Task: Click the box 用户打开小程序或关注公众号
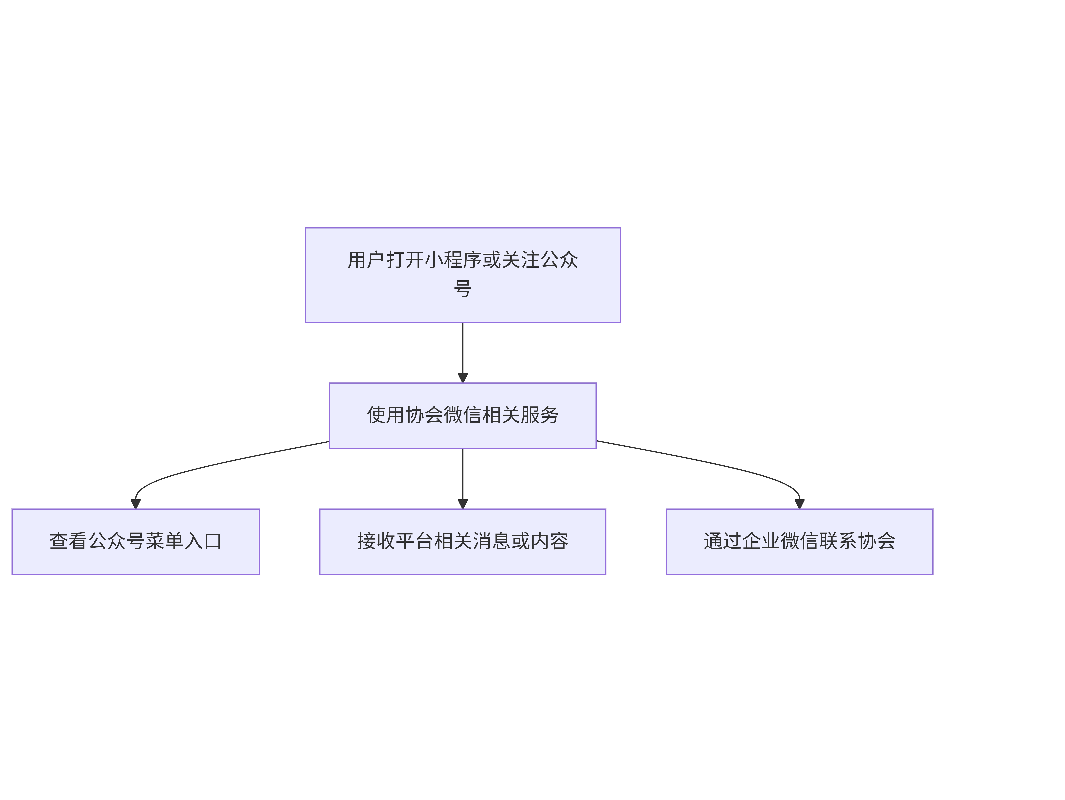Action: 463,275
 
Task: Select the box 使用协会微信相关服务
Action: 463,416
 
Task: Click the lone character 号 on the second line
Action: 463,289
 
